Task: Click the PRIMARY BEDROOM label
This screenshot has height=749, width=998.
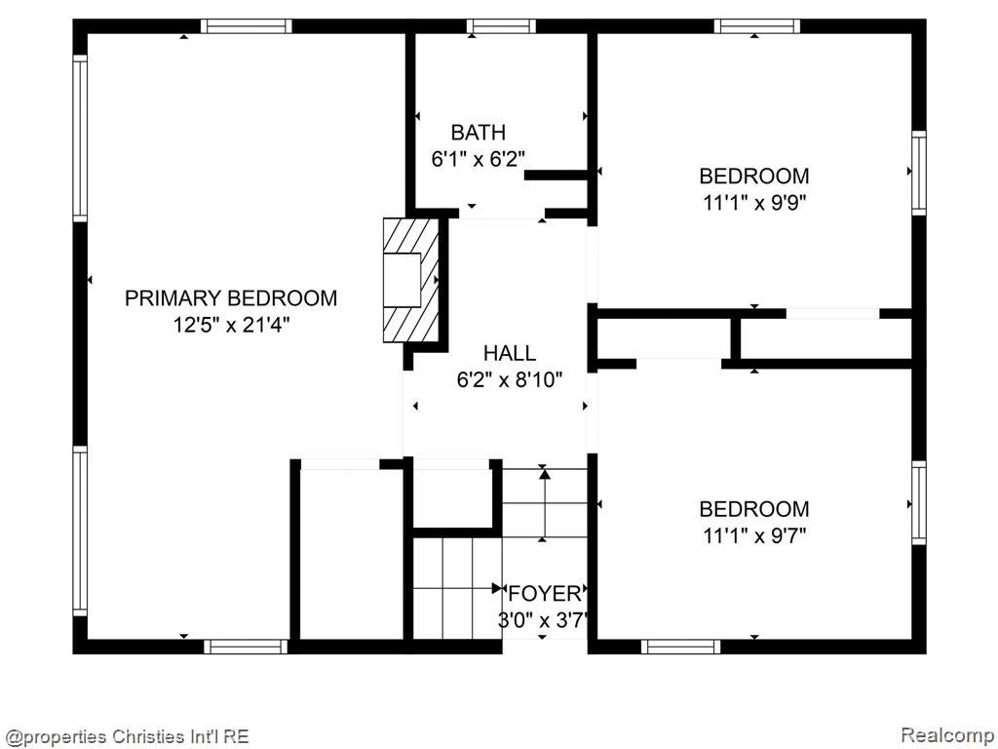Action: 231,298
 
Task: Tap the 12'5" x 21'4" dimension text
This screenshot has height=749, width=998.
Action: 232,325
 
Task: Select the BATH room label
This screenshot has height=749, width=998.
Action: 479,133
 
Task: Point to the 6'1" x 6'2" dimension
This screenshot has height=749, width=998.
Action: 479,159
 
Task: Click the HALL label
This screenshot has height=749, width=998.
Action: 509,353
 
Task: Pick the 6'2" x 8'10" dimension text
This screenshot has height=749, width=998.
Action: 510,380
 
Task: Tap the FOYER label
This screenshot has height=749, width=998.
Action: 545,594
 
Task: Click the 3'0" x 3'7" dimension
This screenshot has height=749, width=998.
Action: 542,620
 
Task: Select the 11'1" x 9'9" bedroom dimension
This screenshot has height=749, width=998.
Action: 755,203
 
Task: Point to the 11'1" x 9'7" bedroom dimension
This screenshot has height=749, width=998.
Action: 755,536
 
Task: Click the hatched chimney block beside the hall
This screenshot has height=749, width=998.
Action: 411,280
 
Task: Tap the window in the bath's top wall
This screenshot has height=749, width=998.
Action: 501,26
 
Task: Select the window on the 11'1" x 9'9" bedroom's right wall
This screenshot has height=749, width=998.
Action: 918,173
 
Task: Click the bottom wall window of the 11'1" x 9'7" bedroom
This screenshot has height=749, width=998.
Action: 680,648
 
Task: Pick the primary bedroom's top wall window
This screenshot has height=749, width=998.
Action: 247,26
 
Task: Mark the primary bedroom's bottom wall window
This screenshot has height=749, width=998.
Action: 246,648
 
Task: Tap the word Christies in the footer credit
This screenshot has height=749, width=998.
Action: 148,737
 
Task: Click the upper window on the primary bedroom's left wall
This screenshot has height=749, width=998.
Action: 80,138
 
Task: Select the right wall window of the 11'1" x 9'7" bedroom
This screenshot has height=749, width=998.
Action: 918,502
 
